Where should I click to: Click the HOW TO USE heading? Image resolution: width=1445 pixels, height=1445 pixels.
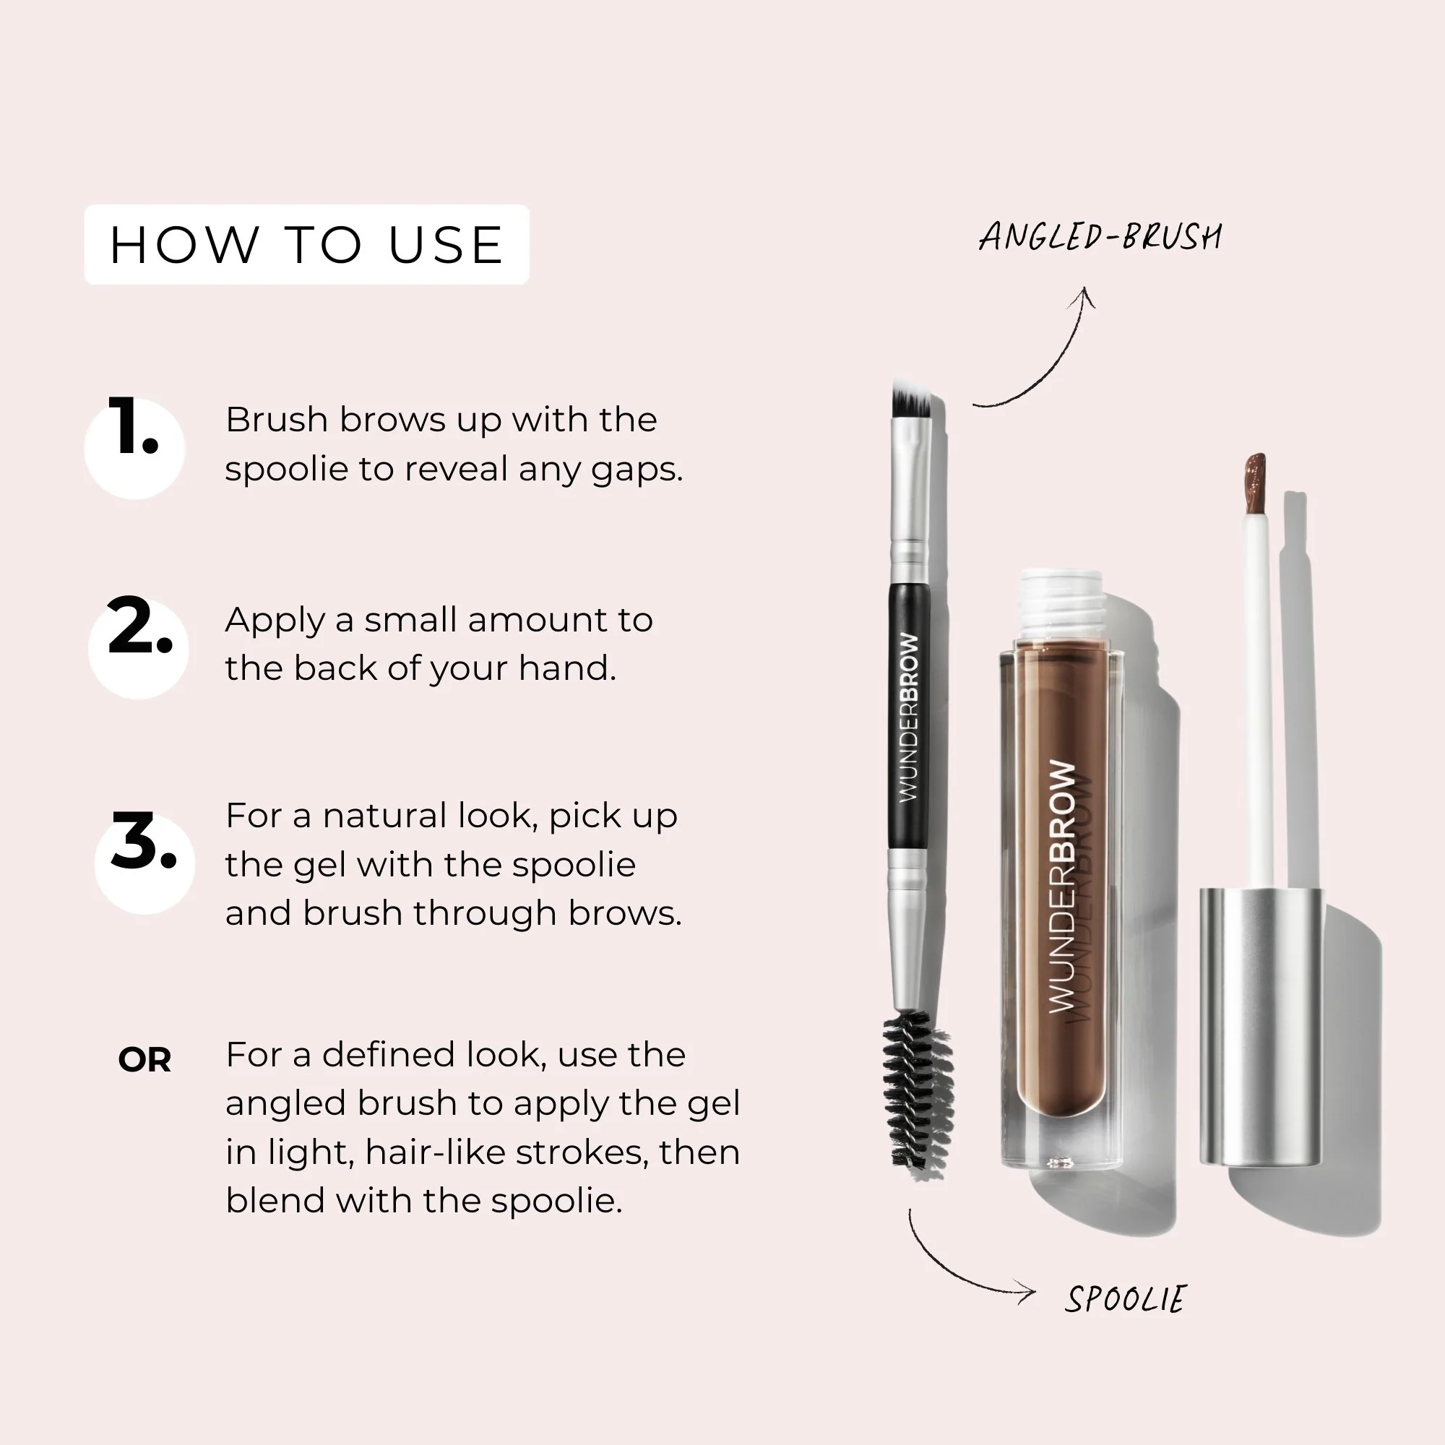click(x=306, y=245)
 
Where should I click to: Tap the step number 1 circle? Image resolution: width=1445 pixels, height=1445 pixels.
click(x=134, y=447)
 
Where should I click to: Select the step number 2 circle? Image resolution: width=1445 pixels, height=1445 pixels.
click(x=139, y=647)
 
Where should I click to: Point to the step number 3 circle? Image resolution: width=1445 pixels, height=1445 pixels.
click(x=144, y=863)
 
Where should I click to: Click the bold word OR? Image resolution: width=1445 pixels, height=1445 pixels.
click(x=144, y=1060)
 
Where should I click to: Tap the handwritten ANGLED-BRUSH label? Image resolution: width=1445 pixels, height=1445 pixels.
click(x=1100, y=237)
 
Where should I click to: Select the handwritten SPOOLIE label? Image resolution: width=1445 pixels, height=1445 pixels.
click(x=1126, y=1299)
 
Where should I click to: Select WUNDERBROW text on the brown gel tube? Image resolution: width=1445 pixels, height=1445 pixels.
click(x=1062, y=887)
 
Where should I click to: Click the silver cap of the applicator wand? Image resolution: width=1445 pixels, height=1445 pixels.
click(x=1260, y=1025)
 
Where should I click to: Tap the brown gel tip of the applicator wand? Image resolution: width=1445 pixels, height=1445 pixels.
click(x=1255, y=483)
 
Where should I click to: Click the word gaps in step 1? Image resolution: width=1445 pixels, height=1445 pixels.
click(x=637, y=470)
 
